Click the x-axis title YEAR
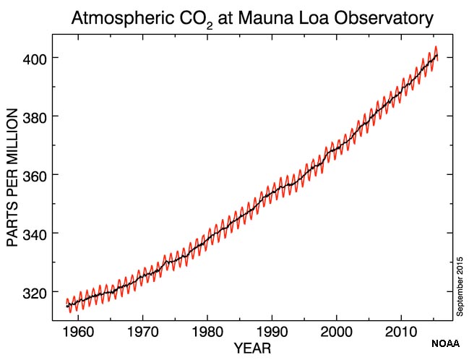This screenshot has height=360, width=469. [x=252, y=349]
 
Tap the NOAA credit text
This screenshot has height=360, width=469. [x=446, y=343]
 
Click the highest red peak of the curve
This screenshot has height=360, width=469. [x=435, y=47]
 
